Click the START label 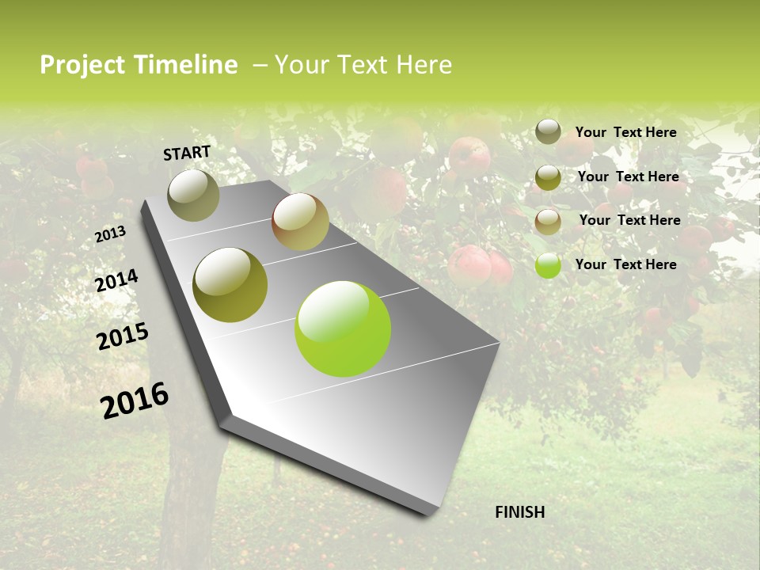click(187, 153)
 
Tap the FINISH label click(520, 512)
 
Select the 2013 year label click(110, 234)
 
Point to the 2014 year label click(116, 281)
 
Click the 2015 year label click(123, 336)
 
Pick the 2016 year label click(135, 401)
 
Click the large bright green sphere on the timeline click(343, 329)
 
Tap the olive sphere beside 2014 click(230, 285)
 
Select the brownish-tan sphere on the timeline click(300, 222)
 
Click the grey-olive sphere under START click(193, 195)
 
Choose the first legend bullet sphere click(548, 131)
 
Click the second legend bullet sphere click(548, 177)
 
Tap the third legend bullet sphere click(548, 222)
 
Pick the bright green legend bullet click(548, 265)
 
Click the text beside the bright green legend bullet click(625, 264)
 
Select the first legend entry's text click(625, 132)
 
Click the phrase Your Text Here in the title click(363, 65)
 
